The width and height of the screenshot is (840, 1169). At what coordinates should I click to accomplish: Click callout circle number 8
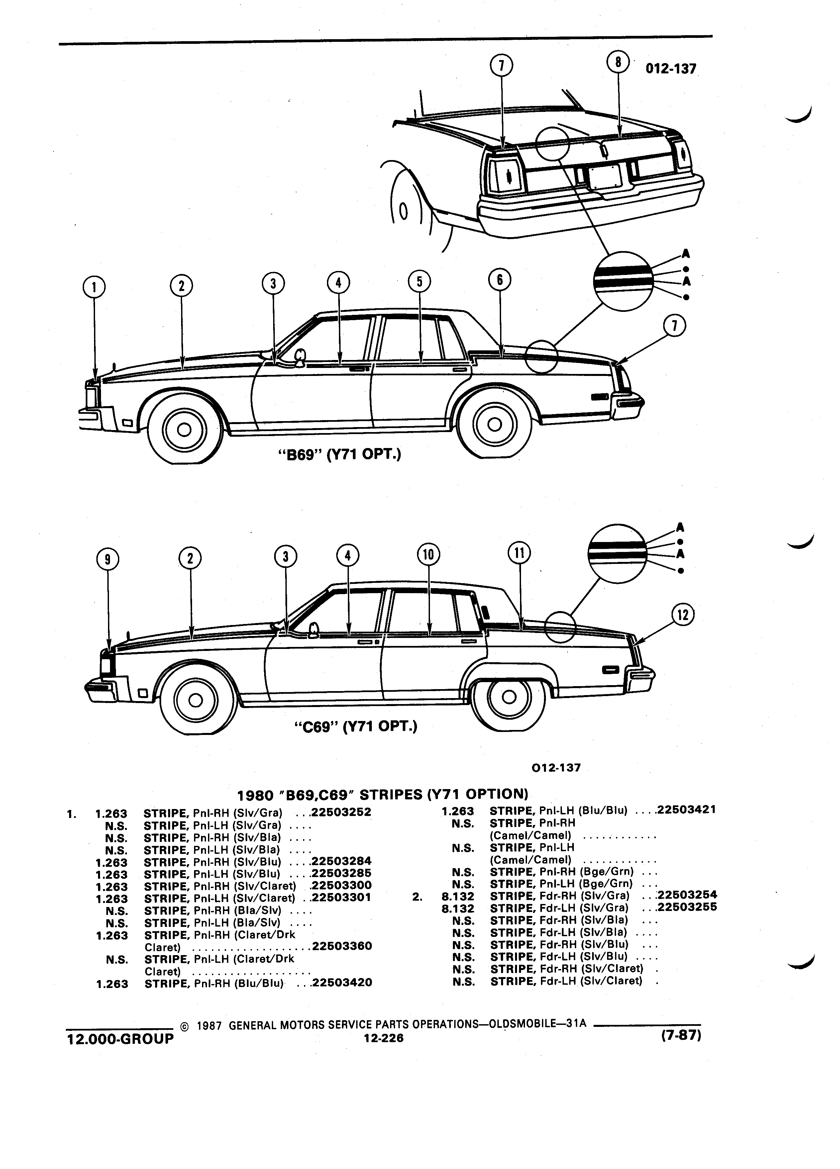617,62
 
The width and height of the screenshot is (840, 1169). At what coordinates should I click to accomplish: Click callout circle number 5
419,281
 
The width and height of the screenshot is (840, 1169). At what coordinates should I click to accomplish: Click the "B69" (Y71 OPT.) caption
339,455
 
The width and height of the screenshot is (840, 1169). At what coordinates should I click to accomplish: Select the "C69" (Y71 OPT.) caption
355,726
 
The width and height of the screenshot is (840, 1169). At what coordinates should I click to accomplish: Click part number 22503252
341,812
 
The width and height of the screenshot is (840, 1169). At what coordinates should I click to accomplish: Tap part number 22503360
341,946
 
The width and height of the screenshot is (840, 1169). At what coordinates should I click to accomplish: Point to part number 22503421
686,810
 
